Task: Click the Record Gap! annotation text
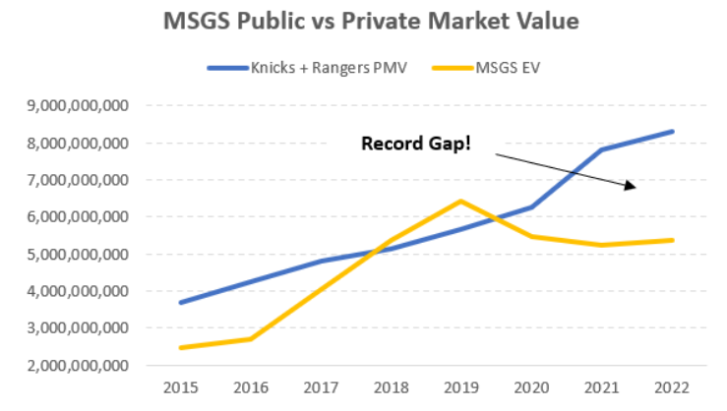[415, 144]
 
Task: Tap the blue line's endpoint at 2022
[673, 131]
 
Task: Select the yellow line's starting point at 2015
[180, 347]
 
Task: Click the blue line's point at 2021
[602, 149]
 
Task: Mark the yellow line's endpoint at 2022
[673, 240]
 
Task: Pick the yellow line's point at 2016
[251, 338]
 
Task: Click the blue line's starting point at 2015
[180, 302]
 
